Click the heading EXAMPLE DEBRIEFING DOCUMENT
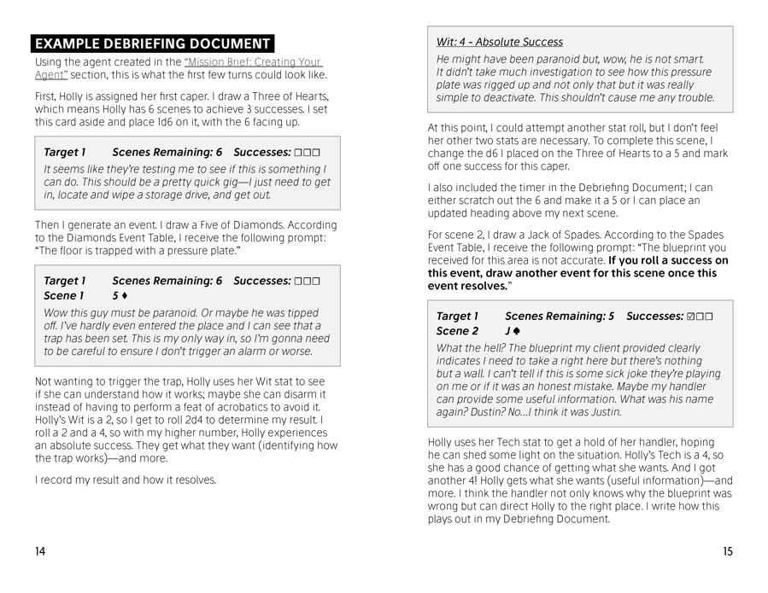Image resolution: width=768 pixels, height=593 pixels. pyautogui.click(x=152, y=44)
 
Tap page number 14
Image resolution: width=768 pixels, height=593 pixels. pyautogui.click(x=41, y=551)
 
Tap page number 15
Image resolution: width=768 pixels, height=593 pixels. pyautogui.click(x=727, y=551)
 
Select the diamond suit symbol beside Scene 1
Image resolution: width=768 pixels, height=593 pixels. pyautogui.click(x=126, y=295)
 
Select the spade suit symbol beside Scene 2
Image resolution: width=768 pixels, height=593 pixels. pyautogui.click(x=517, y=331)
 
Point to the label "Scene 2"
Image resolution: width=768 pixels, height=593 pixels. pyautogui.click(x=457, y=331)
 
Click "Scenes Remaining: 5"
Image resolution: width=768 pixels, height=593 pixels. pyautogui.click(x=559, y=317)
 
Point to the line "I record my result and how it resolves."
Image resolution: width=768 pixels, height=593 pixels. pyautogui.click(x=126, y=480)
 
